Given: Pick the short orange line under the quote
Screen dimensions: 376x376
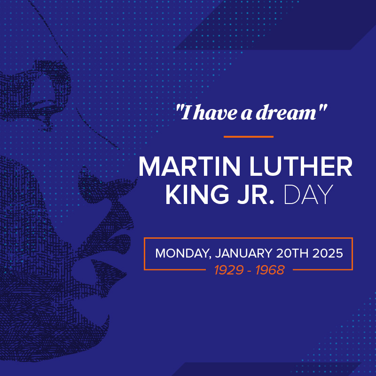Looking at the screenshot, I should coord(248,137).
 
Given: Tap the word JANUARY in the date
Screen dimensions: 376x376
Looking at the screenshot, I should coord(240,253).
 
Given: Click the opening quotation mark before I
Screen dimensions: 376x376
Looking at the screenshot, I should coord(179,111).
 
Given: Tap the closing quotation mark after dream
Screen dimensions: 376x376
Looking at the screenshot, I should coord(322,111).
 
